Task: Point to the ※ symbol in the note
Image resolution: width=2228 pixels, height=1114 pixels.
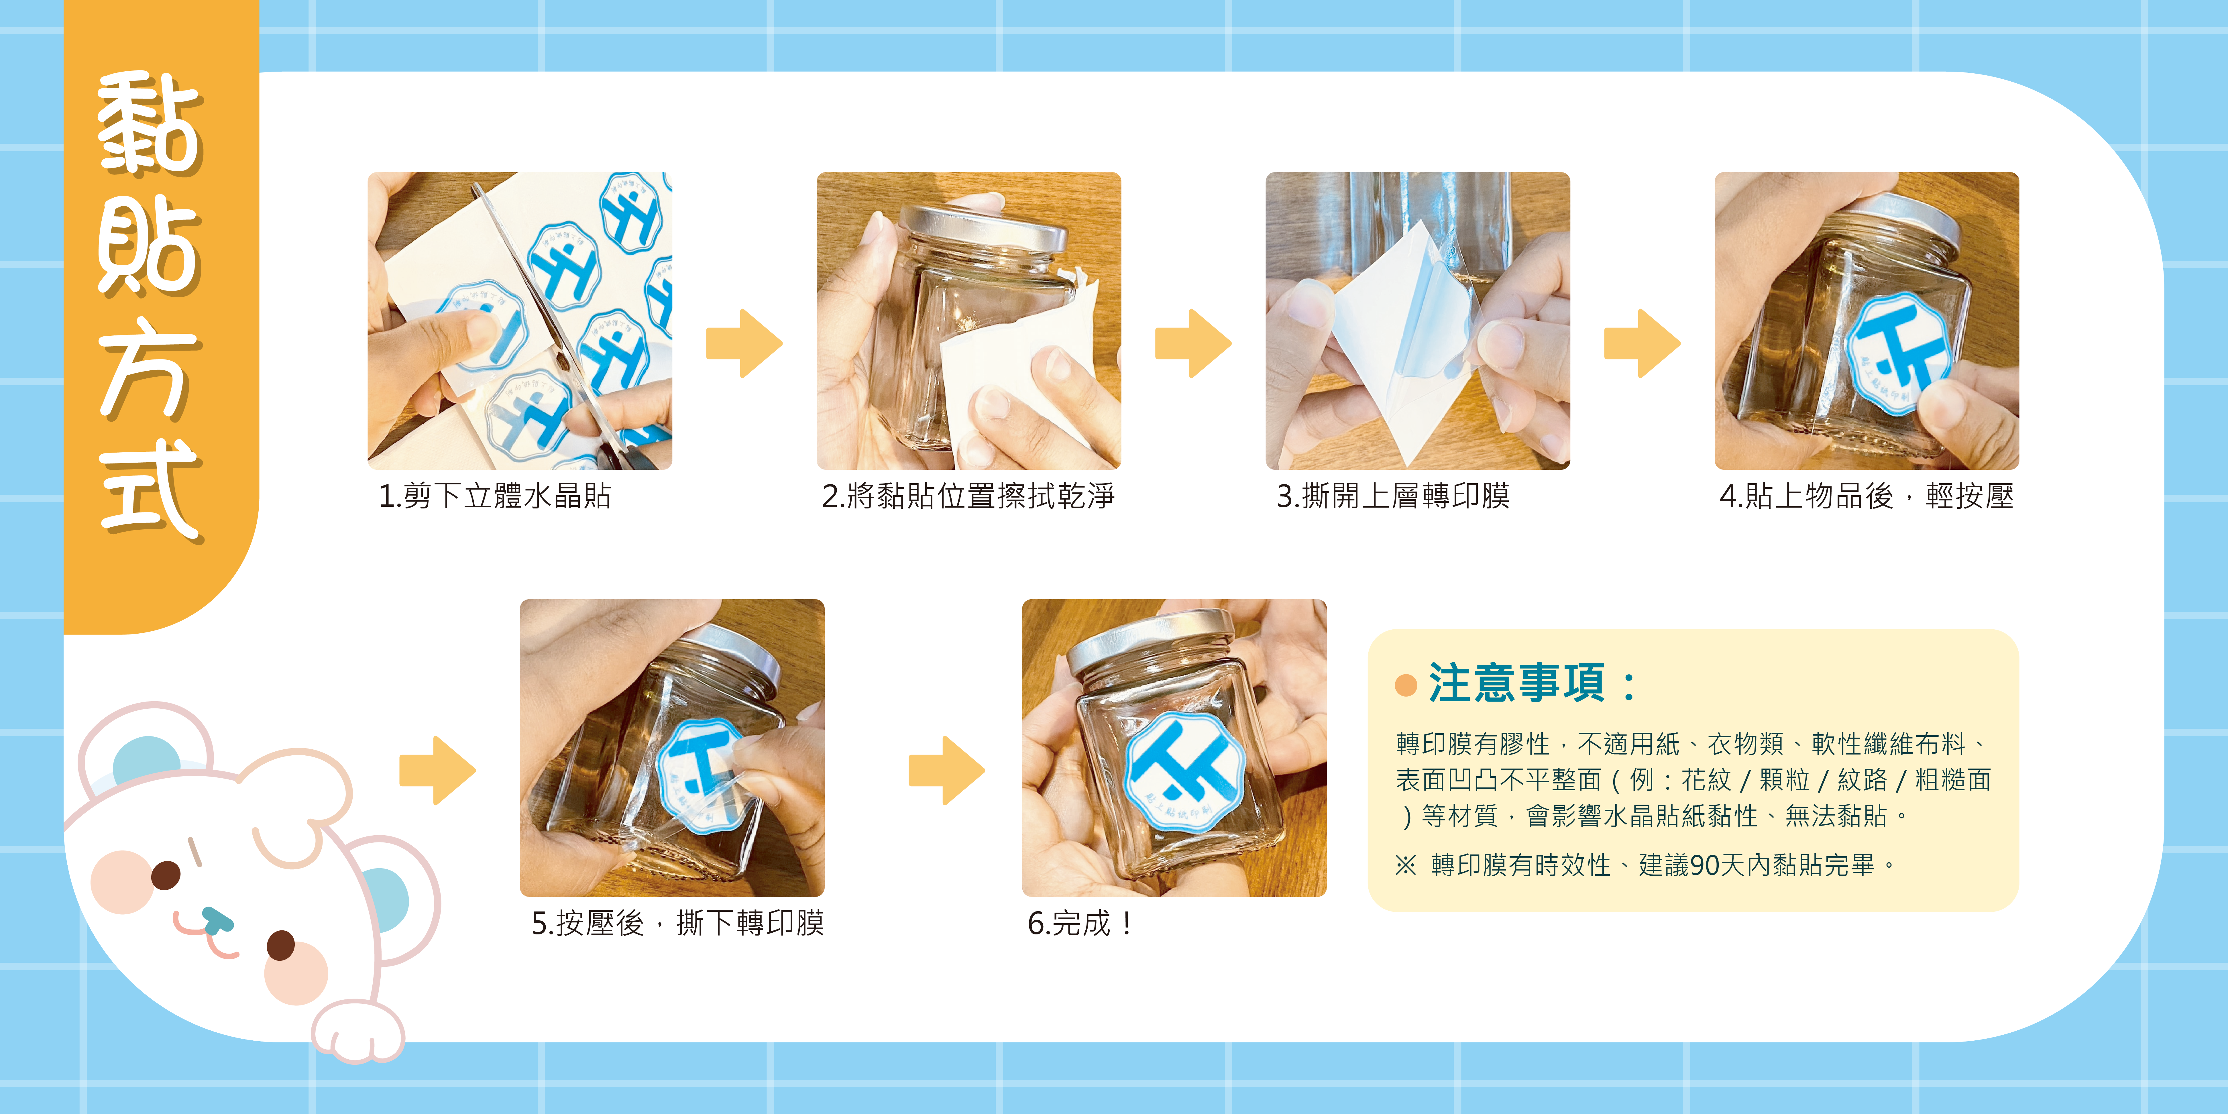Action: coord(1406,865)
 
